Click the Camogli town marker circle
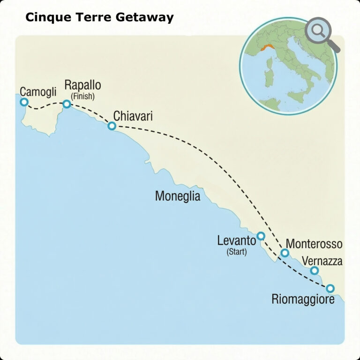tap(24, 102)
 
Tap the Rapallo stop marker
tap(67, 104)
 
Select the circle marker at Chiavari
tap(112, 126)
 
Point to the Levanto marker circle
tap(261, 236)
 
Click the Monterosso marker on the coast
tap(285, 253)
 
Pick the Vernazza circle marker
tap(315, 270)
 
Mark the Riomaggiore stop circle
tap(330, 288)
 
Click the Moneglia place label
tap(177, 196)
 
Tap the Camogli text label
tap(38, 91)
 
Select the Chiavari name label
tap(133, 115)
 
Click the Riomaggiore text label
tap(303, 299)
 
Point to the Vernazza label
tap(322, 261)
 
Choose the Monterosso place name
tap(314, 244)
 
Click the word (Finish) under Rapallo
tap(82, 97)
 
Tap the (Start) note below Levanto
tap(237, 252)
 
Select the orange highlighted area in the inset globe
tap(268, 48)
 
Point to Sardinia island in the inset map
tap(269, 78)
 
